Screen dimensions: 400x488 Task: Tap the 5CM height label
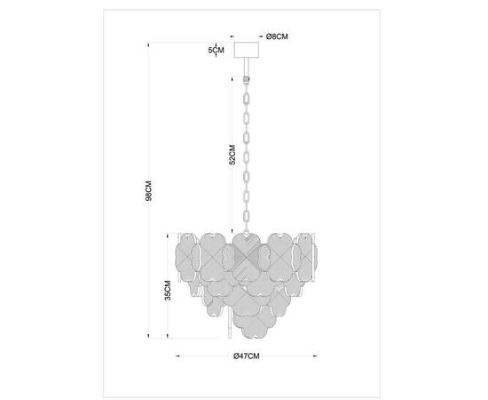pyautogui.click(x=214, y=52)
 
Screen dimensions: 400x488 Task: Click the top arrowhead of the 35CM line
pyautogui.click(x=170, y=232)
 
